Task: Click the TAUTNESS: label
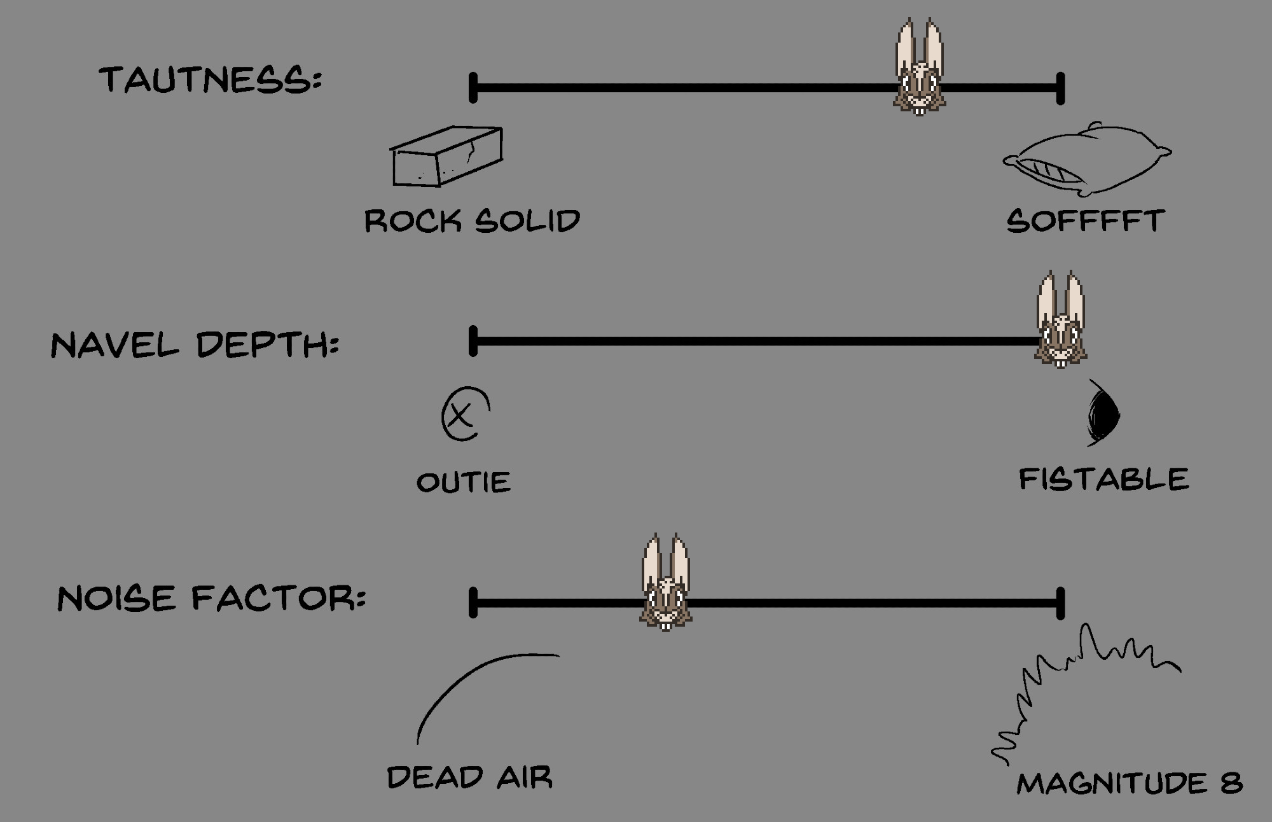pyautogui.click(x=211, y=80)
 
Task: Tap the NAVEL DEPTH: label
pyautogui.click(x=195, y=345)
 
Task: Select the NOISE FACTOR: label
pyautogui.click(x=211, y=599)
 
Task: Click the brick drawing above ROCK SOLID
pyautogui.click(x=447, y=157)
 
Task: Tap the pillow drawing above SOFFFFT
pyautogui.click(x=1087, y=159)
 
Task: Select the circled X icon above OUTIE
pyautogui.click(x=465, y=414)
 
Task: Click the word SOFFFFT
pyautogui.click(x=1085, y=221)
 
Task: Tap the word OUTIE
pyautogui.click(x=464, y=482)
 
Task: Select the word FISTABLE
pyautogui.click(x=1103, y=479)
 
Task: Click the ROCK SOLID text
pyautogui.click(x=472, y=221)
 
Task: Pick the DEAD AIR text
pyautogui.click(x=469, y=777)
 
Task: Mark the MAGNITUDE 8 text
pyautogui.click(x=1129, y=783)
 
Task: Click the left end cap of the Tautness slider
pyautogui.click(x=473, y=88)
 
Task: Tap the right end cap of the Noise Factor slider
pyautogui.click(x=1060, y=603)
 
